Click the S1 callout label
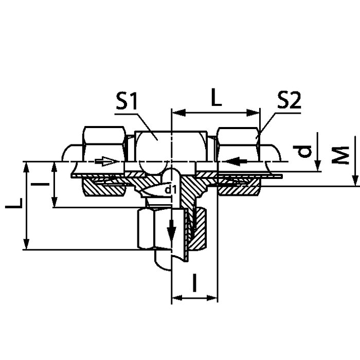[x=127, y=101]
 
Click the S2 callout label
[x=289, y=100]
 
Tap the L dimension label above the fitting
[x=217, y=97]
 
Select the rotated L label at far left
[x=14, y=204]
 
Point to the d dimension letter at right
[x=302, y=151]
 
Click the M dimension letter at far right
[x=340, y=155]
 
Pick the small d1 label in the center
[x=171, y=190]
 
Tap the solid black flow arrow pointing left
[x=236, y=161]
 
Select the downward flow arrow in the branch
[x=171, y=231]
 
